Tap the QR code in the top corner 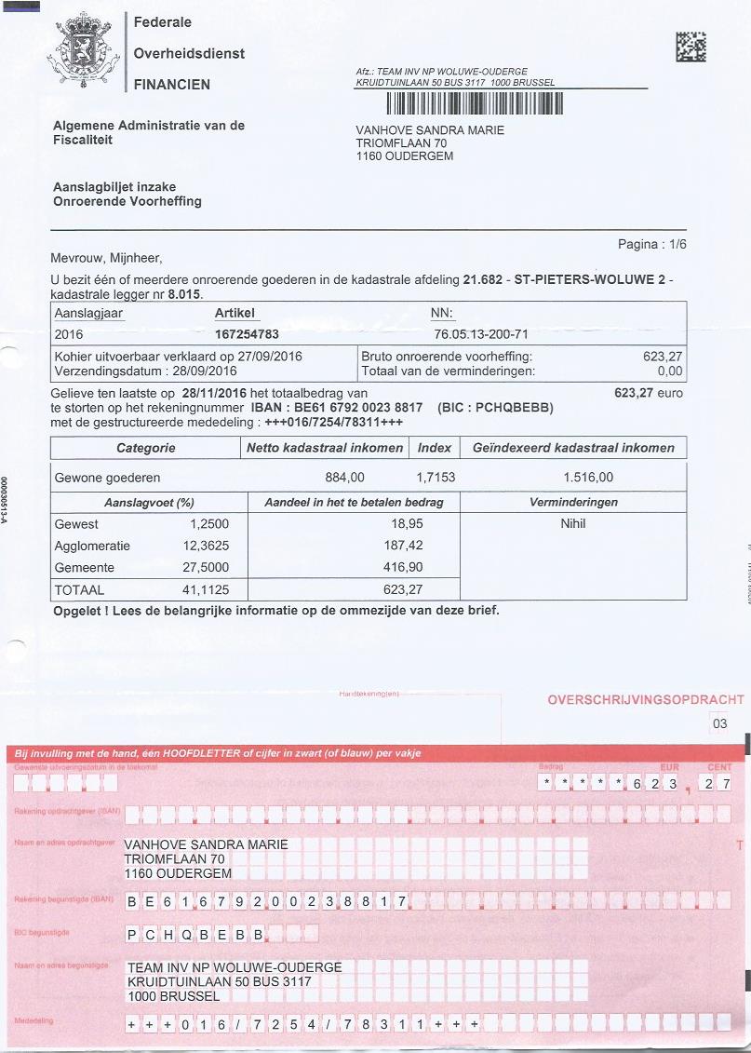coord(691,47)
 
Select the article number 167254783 coord(247,333)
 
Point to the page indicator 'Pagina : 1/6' coord(651,245)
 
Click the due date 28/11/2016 coord(215,393)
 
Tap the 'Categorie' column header coord(145,448)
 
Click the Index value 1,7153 coord(435,478)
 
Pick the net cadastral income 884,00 coord(344,478)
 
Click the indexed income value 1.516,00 coord(588,478)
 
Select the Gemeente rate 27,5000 coord(206,567)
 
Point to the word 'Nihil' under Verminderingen coord(573,523)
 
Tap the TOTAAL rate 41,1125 coord(206,589)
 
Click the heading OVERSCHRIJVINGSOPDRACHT coord(646,699)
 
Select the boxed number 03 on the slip coord(719,723)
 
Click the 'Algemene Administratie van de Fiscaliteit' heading coord(149,132)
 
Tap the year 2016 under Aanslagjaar coord(70,333)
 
